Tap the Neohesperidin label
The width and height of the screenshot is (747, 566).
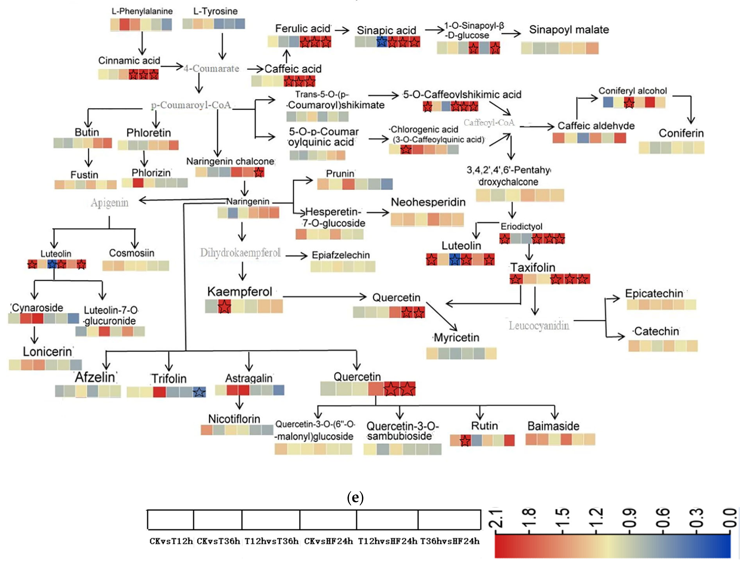(428, 202)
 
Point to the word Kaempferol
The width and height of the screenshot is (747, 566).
(239, 291)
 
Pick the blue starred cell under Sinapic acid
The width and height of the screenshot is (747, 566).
(382, 42)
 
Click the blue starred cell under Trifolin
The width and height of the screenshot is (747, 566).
(199, 392)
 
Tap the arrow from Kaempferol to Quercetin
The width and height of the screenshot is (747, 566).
(324, 297)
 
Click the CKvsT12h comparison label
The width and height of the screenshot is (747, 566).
(171, 541)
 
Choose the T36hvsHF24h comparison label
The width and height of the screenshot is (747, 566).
(449, 541)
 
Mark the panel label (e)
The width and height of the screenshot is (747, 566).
(355, 497)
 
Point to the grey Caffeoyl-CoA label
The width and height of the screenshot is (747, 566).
(489, 122)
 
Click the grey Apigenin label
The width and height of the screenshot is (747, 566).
(109, 203)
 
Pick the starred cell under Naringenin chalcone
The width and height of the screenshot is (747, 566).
(259, 172)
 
